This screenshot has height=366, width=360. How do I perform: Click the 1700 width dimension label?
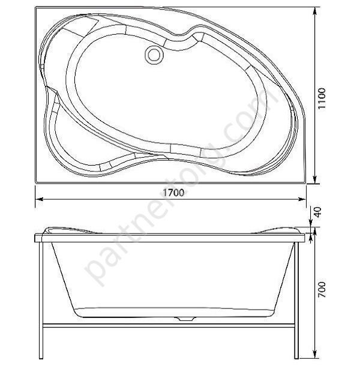172,193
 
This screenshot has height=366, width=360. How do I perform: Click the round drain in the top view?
154,55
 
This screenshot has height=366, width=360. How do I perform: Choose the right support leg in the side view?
301,297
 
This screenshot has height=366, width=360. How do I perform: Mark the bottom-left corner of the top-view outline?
36,181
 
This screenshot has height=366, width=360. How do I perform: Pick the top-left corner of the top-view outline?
36,7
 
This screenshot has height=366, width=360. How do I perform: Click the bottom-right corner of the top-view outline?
305,181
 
